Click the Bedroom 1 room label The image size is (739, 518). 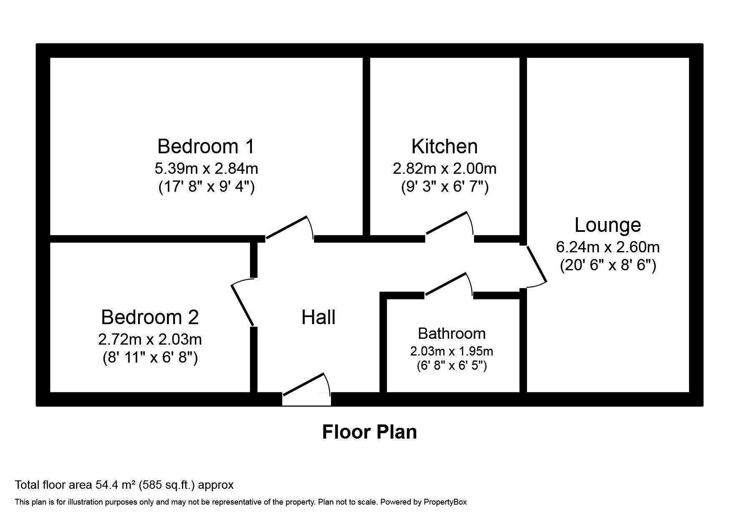pos(206,147)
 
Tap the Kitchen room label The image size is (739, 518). pos(444,147)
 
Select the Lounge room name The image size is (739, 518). pos(608,225)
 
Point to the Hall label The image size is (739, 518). pos(318,317)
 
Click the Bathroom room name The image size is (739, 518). pos(451,333)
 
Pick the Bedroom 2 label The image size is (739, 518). pos(150,317)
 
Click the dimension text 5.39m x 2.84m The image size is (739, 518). pos(206,169)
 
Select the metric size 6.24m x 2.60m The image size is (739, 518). pos(608,247)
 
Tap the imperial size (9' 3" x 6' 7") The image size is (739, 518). pos(444,187)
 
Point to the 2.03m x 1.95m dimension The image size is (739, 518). pos(451,351)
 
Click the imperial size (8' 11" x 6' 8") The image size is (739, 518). pos(150,358)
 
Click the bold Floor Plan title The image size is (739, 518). pos(369,432)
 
